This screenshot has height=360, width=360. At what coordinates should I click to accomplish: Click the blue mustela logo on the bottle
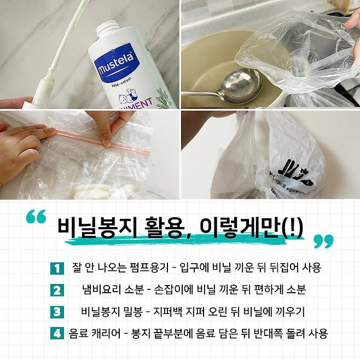pos(116,62)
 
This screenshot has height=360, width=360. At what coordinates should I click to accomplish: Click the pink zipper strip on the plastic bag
pos(103,142)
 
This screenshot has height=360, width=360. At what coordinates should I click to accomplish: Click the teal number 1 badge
pos(57,269)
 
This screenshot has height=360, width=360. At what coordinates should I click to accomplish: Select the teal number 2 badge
pos(57,290)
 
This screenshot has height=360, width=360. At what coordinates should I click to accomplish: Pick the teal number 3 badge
pos(57,312)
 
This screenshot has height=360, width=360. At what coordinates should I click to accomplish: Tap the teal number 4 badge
pos(57,333)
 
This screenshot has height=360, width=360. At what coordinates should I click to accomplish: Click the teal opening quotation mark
pos(36,216)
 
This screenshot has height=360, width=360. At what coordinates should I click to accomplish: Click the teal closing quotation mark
pos(323,241)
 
